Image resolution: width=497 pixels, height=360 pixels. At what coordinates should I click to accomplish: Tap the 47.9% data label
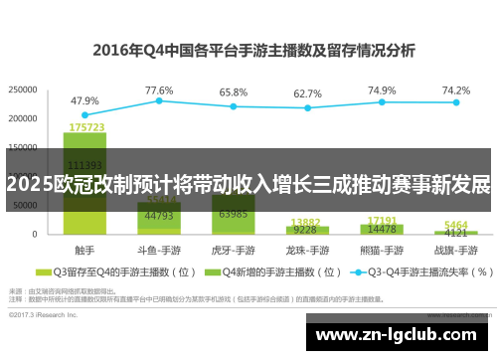click(84, 100)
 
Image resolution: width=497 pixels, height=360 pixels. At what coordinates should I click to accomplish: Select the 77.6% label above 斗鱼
click(159, 90)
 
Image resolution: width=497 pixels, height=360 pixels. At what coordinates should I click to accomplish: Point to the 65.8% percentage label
click(234, 91)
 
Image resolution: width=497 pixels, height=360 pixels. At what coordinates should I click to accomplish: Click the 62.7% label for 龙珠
click(308, 93)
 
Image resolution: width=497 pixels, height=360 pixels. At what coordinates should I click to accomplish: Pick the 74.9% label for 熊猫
click(382, 90)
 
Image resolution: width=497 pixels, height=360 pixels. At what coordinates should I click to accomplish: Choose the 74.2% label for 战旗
click(456, 90)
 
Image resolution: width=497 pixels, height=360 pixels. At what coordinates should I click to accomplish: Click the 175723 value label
click(86, 127)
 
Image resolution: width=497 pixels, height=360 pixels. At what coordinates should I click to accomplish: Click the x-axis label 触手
click(84, 249)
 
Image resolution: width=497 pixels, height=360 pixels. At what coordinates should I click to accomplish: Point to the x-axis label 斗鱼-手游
click(159, 249)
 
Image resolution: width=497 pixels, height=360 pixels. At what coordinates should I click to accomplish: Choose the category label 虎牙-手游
click(234, 249)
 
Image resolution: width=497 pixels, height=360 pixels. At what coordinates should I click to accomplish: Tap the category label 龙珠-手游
click(308, 249)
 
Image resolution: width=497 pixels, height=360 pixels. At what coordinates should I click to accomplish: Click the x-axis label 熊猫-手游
click(382, 249)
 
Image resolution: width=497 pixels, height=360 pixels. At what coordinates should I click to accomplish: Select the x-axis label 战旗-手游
click(456, 249)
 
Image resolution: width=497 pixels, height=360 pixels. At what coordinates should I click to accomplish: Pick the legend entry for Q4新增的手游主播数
click(268, 270)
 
